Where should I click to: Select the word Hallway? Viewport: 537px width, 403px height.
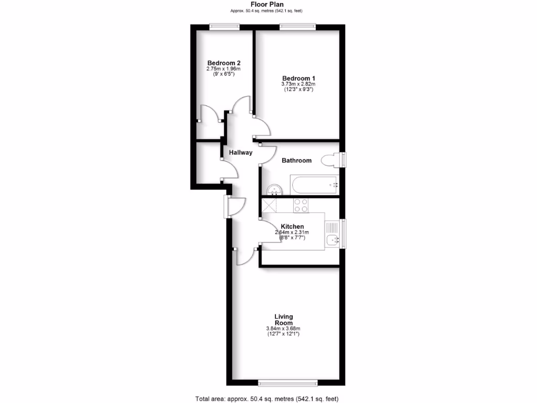[x=241, y=153]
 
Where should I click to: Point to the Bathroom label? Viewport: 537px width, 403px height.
[x=296, y=161]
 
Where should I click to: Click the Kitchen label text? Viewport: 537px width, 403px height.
[x=292, y=227]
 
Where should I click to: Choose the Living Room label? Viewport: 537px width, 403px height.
[x=284, y=320]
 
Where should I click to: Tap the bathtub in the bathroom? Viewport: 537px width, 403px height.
[x=314, y=184]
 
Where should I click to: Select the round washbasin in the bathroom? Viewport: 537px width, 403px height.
[x=274, y=189]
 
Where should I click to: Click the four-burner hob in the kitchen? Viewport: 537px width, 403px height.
[x=300, y=205]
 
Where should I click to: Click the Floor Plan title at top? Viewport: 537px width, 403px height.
[x=267, y=5]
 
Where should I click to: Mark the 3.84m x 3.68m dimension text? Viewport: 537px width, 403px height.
[x=284, y=329]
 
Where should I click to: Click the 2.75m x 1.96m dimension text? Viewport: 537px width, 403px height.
[x=224, y=69]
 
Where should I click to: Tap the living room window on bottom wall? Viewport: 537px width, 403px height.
[x=288, y=382]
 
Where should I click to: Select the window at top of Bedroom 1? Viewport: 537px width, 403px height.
[x=298, y=27]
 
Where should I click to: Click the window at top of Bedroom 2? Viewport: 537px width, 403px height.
[x=224, y=27]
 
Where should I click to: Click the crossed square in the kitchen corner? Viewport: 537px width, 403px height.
[x=270, y=205]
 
